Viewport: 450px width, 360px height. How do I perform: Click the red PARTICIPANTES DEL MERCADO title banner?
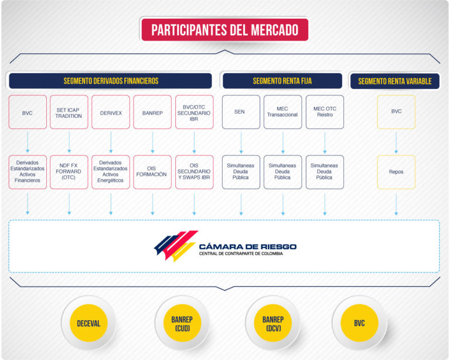(x=225, y=29)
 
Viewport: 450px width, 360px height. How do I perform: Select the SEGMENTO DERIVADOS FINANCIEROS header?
(x=111, y=81)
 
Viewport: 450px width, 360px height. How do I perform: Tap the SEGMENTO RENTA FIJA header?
(x=282, y=81)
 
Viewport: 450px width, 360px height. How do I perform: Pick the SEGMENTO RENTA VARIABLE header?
(x=395, y=81)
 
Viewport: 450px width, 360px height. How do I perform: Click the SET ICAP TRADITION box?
(x=69, y=112)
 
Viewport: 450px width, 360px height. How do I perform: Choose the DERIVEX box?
(x=111, y=112)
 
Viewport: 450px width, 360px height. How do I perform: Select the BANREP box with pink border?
(x=152, y=112)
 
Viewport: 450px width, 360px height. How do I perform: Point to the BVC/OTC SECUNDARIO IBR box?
(x=195, y=112)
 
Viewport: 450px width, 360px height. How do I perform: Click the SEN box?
(x=241, y=112)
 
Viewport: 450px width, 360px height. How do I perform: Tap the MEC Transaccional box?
(x=282, y=112)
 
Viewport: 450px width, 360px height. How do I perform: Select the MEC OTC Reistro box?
(x=325, y=112)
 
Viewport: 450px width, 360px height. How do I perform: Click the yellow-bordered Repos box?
(x=396, y=172)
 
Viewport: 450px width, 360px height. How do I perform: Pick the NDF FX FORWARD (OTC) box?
(x=69, y=172)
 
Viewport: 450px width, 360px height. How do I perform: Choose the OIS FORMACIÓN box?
(x=152, y=172)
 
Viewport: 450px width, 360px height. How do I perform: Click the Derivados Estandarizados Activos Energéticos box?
(x=111, y=172)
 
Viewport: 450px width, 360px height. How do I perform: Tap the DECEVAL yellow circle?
(x=88, y=323)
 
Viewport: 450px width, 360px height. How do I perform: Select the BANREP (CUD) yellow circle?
(x=182, y=323)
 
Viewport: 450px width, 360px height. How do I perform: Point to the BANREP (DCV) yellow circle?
(x=273, y=323)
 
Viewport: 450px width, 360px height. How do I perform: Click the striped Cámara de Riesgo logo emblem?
(x=176, y=246)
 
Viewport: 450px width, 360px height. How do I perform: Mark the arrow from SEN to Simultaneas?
(x=241, y=142)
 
